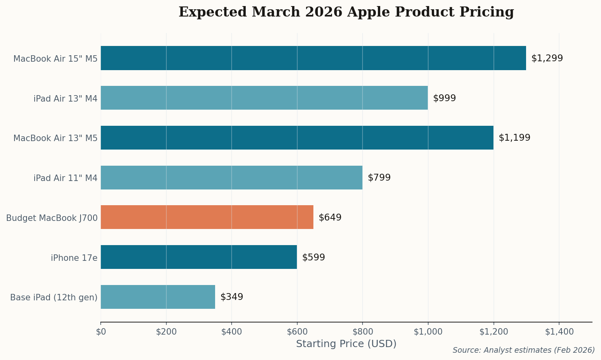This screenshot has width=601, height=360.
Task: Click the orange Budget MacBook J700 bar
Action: tap(207, 217)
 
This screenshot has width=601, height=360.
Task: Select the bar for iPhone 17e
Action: tap(199, 257)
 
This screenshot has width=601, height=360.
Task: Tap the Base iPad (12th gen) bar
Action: tap(158, 297)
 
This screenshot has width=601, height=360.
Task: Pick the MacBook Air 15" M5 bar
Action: tap(313, 58)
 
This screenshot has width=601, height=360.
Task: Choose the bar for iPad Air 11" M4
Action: tap(231, 178)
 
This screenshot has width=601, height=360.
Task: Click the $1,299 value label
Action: tap(547, 58)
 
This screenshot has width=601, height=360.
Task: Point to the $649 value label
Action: tap(330, 218)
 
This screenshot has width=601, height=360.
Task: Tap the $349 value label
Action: tap(232, 297)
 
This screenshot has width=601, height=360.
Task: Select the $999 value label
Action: tap(444, 98)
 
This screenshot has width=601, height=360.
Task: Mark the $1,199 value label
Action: tap(514, 138)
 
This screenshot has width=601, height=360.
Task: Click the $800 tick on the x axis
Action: tap(363, 332)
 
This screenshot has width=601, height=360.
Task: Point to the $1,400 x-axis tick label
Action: tap(559, 332)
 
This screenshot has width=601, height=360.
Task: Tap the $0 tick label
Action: tap(101, 332)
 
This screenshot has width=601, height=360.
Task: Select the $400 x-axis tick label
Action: tap(232, 332)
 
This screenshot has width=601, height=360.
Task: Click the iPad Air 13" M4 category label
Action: tap(65, 98)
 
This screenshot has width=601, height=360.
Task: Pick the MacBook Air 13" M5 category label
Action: tap(55, 138)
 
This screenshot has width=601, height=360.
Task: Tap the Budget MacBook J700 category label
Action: tap(52, 218)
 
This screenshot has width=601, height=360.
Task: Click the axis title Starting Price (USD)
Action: tap(346, 344)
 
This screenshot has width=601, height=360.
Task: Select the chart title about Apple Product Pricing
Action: tap(346, 12)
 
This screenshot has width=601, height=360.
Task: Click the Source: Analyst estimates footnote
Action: tap(523, 350)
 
